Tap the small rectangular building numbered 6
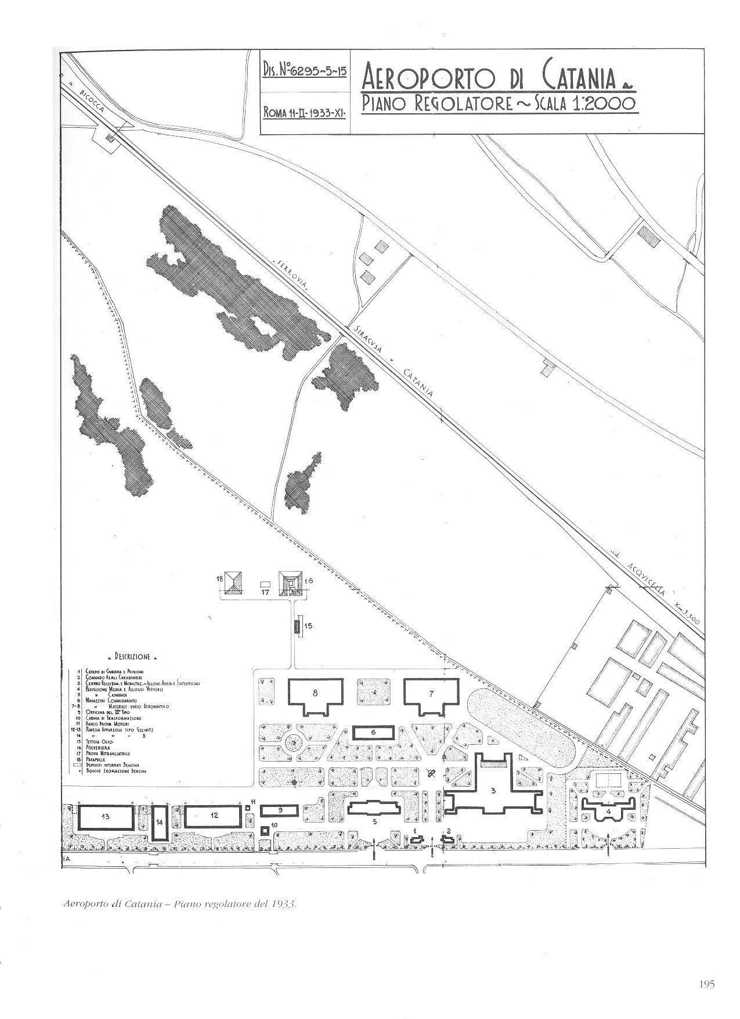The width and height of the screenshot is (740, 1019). click(373, 733)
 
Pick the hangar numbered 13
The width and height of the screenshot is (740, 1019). click(105, 817)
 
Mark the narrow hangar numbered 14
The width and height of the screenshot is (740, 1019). click(160, 823)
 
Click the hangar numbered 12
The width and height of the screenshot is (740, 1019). click(214, 816)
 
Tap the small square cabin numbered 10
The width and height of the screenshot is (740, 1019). click(265, 830)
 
